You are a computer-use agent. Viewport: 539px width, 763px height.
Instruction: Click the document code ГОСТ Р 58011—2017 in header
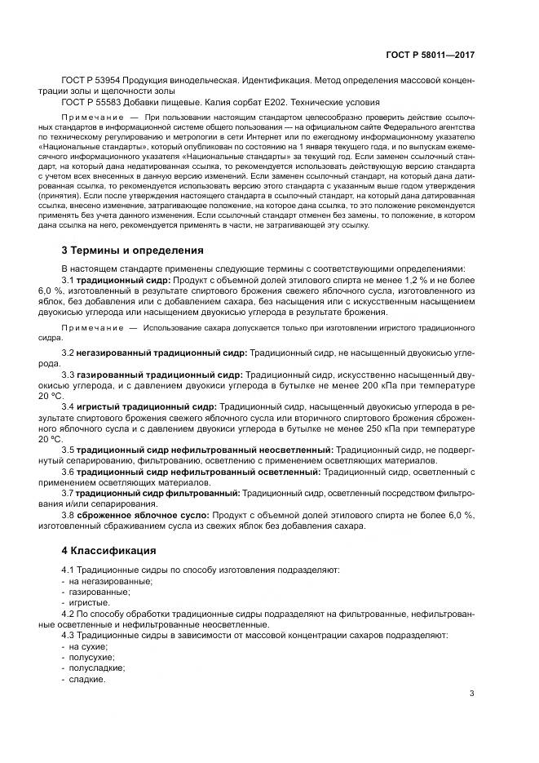(430, 55)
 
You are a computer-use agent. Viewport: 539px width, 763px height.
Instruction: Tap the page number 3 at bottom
(471, 694)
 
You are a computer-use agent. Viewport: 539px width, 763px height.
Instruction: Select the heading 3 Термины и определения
(132, 251)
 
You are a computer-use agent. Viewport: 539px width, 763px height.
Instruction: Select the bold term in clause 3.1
(121, 280)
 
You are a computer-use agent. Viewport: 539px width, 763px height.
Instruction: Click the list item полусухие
(91, 656)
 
